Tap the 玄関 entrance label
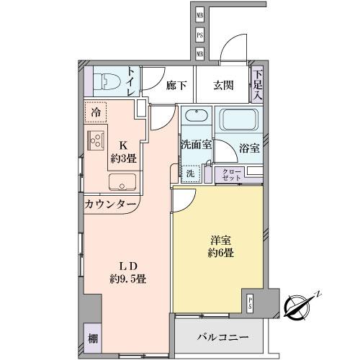pos(222,85)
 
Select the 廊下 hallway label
pos(176,85)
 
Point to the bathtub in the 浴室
pos(240,120)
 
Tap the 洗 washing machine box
pos(190,173)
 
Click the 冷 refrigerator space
pos(95,112)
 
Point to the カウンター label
pos(111,204)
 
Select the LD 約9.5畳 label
pos(128,271)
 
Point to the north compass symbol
pos(300,305)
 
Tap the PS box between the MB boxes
pos(200,35)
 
